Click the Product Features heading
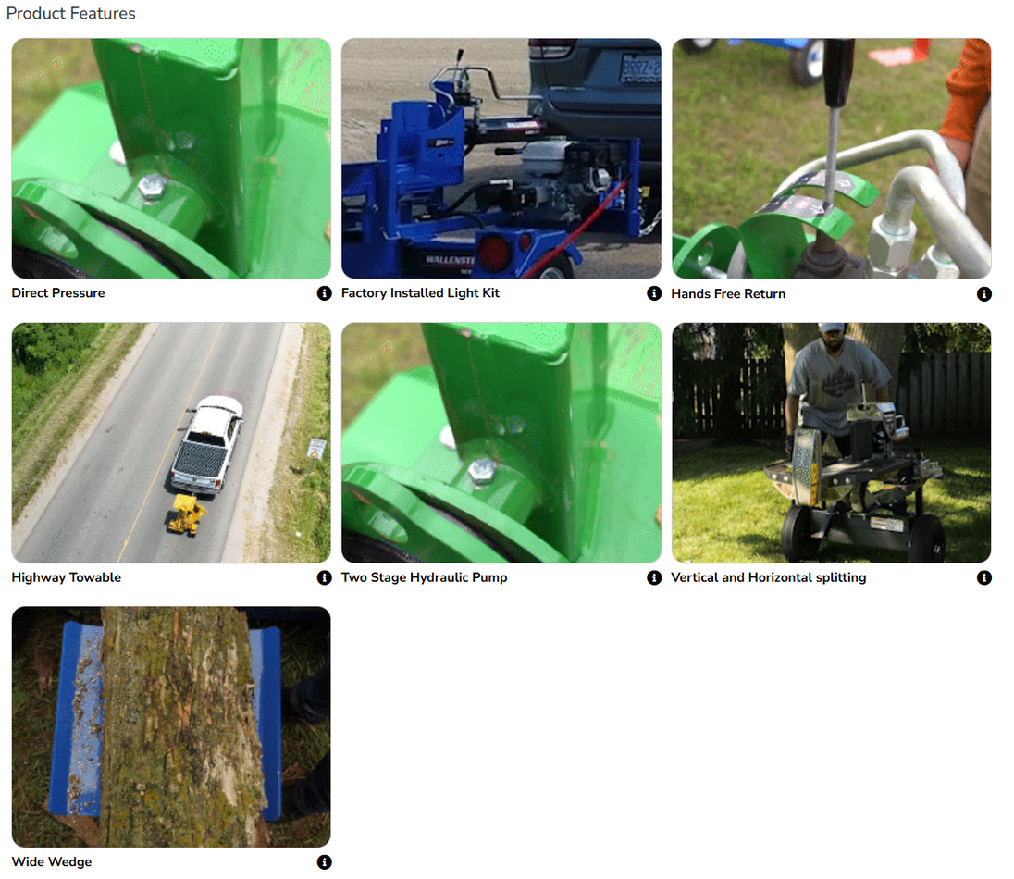coord(71,14)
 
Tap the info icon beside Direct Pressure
coord(324,293)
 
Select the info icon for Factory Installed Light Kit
coord(654,293)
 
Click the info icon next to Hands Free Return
coord(983,294)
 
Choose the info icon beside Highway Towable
coord(324,577)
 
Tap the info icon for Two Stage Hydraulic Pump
coord(654,577)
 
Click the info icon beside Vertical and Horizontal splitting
coord(983,577)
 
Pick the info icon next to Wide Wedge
coord(324,862)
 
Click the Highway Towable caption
coord(66,577)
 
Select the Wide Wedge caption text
coord(52,862)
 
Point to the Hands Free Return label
coord(728,294)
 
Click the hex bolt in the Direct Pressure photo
coord(152,187)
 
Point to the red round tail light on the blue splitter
coord(493,254)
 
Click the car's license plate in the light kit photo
coord(640,68)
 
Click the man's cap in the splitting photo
coord(830,328)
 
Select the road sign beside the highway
coord(316,448)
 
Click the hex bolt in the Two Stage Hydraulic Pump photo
coord(482,471)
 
